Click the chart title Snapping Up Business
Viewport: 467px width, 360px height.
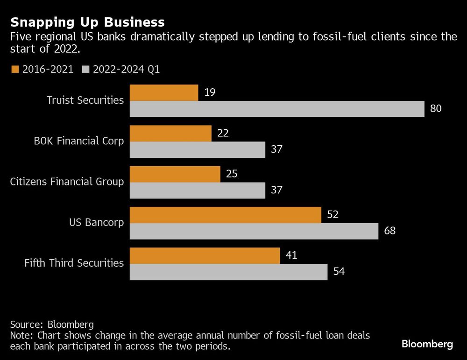click(87, 22)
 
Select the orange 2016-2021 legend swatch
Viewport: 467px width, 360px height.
click(14, 69)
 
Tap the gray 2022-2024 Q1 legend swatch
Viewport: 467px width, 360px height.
click(85, 69)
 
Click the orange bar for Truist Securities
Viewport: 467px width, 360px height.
click(164, 92)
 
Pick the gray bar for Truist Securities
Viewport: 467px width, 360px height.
click(277, 109)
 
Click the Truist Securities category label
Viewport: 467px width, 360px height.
click(85, 100)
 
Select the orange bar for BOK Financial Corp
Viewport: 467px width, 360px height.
click(170, 133)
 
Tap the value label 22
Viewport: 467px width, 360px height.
click(222, 133)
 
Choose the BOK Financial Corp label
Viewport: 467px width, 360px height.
click(78, 141)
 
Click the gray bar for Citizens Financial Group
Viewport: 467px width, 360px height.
click(198, 190)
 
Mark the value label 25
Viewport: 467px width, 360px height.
click(231, 174)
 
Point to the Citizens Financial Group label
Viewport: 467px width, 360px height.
click(67, 181)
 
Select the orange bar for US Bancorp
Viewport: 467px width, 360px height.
click(225, 215)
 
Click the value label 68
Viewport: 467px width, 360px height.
click(389, 231)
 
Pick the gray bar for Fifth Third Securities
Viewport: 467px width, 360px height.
click(228, 272)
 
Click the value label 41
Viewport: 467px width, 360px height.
click(290, 255)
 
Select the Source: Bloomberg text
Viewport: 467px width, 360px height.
click(52, 325)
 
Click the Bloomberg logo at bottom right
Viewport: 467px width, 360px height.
click(427, 344)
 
